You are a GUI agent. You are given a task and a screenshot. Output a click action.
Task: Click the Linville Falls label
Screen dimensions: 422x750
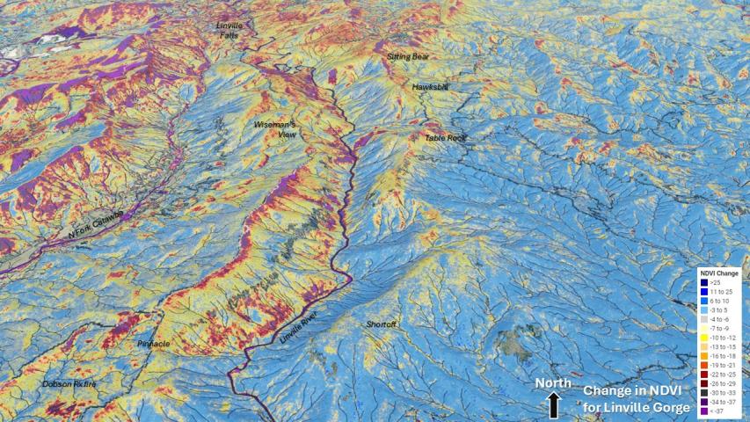coord(229,30)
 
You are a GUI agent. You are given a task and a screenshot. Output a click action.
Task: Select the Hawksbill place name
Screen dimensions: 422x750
coord(430,87)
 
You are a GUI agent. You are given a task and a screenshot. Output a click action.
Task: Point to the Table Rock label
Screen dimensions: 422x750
coord(444,137)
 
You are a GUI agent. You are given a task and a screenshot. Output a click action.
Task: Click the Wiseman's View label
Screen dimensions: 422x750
coord(275,129)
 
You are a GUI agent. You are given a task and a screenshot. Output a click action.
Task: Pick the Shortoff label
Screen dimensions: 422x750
coord(382,324)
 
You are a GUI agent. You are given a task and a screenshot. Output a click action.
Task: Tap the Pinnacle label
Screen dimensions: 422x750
coord(153,343)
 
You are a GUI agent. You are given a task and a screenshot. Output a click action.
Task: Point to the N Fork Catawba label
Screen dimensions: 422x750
coord(96,225)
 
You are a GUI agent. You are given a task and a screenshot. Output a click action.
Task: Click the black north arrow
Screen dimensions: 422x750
coord(554,405)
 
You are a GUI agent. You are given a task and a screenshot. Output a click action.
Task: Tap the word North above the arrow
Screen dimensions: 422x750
coord(554,384)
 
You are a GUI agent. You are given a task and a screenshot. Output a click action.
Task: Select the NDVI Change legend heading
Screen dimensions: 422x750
coord(720,273)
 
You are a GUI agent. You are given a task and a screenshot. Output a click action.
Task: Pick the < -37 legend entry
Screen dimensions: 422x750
coord(720,411)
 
